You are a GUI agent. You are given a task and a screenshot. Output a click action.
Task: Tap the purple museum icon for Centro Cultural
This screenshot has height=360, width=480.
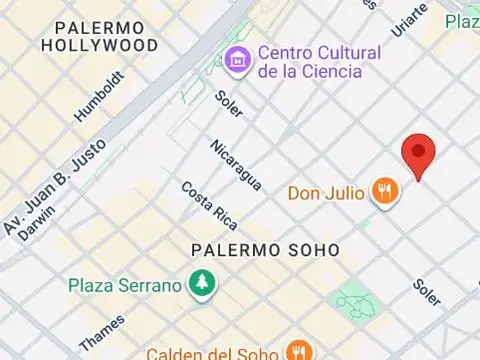238,59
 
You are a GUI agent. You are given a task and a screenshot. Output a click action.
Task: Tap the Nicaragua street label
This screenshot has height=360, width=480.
236,165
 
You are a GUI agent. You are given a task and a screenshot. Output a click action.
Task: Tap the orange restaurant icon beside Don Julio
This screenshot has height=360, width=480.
384,191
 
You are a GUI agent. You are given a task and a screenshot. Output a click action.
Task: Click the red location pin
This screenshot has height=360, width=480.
418,156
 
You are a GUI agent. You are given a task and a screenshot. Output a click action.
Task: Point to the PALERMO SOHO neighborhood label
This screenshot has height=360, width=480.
266,249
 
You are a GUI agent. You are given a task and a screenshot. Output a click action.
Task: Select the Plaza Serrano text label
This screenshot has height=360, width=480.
125,285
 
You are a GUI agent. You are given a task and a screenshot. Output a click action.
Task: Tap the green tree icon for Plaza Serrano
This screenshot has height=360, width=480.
203,284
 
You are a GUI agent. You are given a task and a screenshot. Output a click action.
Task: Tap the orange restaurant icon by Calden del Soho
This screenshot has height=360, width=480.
296,351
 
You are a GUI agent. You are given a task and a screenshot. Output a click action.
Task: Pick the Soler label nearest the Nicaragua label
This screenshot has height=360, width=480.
229,103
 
